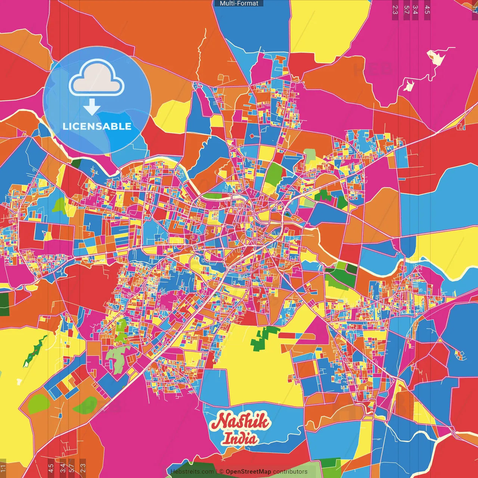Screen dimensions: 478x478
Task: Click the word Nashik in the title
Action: [x=240, y=422]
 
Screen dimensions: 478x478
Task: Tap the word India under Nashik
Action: [x=240, y=438]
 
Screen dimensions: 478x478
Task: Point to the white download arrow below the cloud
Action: [x=92, y=107]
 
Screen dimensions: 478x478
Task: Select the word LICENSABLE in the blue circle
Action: [x=97, y=126]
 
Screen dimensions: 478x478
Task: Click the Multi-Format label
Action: [x=239, y=3]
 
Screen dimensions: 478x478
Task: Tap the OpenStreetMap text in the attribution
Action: [x=248, y=472]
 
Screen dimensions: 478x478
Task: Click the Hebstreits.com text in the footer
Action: [x=192, y=472]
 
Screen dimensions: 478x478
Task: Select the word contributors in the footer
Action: [x=290, y=472]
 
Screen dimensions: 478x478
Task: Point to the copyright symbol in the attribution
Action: [x=221, y=472]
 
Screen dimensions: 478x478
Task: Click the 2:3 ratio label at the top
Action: [x=395, y=9]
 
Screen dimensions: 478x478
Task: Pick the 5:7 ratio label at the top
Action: [x=406, y=9]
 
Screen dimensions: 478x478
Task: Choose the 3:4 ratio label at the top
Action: [x=415, y=9]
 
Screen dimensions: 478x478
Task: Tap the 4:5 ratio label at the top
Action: [x=427, y=9]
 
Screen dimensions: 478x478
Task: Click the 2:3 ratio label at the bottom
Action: [x=83, y=468]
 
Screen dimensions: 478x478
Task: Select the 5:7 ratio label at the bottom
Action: [x=72, y=468]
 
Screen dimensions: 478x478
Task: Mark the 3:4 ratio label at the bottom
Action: [x=63, y=468]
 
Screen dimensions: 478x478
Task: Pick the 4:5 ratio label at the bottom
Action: [x=51, y=468]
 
